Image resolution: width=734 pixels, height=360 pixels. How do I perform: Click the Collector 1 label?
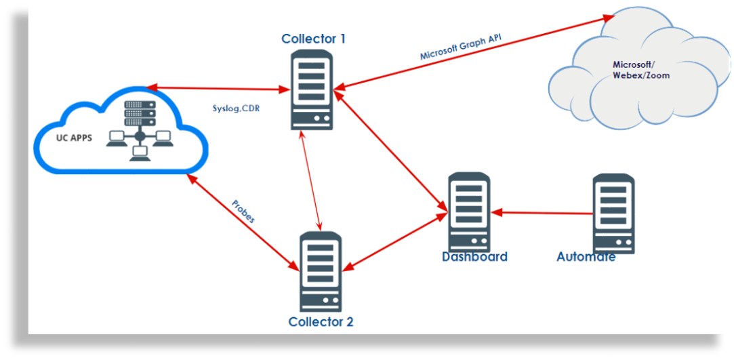[313, 39]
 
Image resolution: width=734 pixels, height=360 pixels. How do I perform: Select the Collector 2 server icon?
[321, 271]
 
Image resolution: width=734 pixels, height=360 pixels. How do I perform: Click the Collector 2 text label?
[321, 321]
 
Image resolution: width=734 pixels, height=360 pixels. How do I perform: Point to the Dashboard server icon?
[468, 212]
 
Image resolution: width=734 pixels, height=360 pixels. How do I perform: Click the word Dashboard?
[474, 257]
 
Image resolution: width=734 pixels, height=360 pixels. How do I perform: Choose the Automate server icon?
[613, 213]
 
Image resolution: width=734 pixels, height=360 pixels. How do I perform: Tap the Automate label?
[586, 257]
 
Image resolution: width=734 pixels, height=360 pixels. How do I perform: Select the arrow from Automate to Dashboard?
[542, 213]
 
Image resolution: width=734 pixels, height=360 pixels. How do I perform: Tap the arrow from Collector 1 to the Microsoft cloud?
[474, 52]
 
